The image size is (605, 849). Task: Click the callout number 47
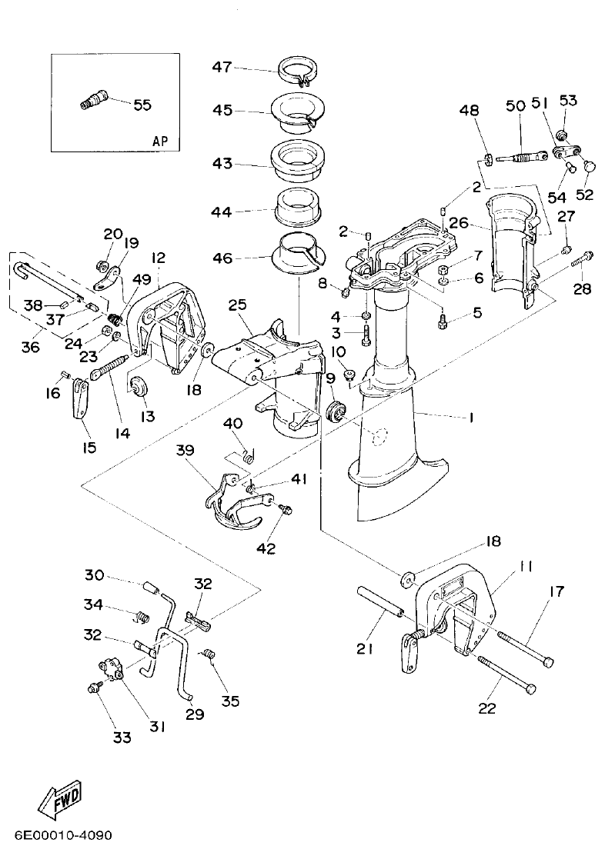[x=222, y=68]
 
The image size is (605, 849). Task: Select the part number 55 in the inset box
[x=142, y=105]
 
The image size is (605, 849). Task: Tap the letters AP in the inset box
[x=160, y=141]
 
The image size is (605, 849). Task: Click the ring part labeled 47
[x=299, y=69]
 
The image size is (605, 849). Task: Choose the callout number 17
[x=556, y=591]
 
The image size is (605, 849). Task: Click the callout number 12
[x=158, y=258]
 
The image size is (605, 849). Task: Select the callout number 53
[x=568, y=100]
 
